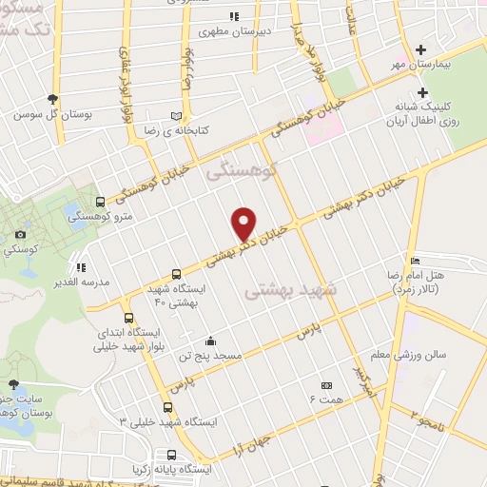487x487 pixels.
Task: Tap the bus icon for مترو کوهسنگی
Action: tap(101, 201)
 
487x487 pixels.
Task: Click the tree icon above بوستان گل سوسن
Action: tap(53, 99)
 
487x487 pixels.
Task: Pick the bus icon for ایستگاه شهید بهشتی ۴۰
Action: tap(175, 272)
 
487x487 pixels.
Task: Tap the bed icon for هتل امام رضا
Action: tap(414, 261)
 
